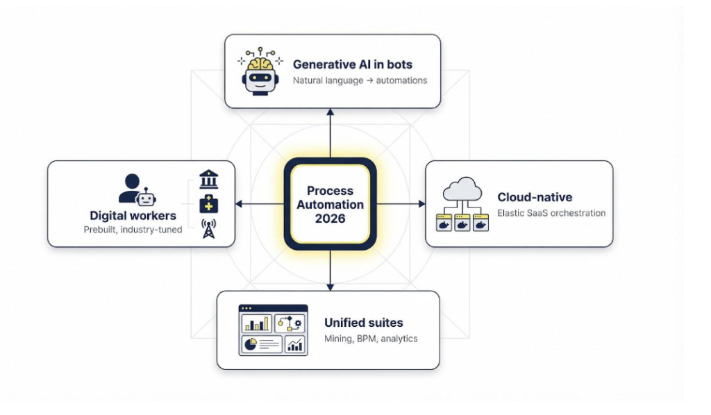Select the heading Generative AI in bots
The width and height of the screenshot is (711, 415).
point(352,65)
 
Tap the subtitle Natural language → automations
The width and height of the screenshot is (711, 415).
point(360,81)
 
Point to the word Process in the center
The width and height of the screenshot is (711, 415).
point(330,191)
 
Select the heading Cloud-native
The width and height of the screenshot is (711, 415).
point(535,198)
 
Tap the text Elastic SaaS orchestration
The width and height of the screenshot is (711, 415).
point(551,213)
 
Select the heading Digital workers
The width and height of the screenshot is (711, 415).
point(133,216)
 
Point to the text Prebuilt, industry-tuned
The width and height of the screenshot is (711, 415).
point(132,230)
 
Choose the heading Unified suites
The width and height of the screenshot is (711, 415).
point(363,323)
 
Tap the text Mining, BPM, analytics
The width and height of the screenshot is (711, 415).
point(371,339)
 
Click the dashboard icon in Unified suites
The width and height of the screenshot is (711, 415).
point(273,330)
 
